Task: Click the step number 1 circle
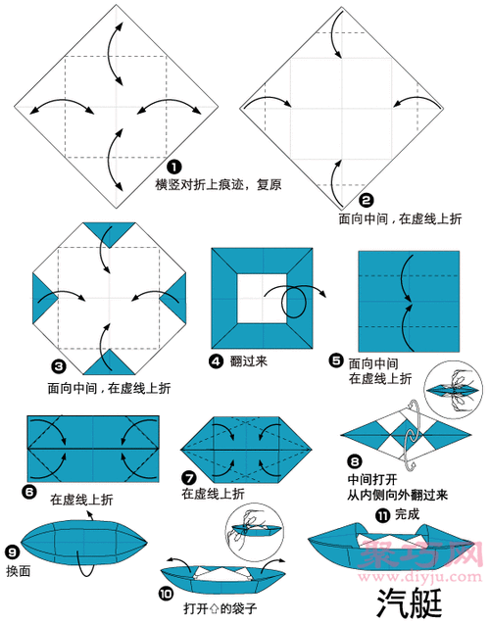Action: click(x=173, y=167)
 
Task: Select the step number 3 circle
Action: click(x=58, y=366)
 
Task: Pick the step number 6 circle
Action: click(x=33, y=487)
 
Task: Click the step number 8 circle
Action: click(x=355, y=458)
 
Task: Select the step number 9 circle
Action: click(x=12, y=552)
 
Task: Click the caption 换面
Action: click(x=20, y=570)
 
